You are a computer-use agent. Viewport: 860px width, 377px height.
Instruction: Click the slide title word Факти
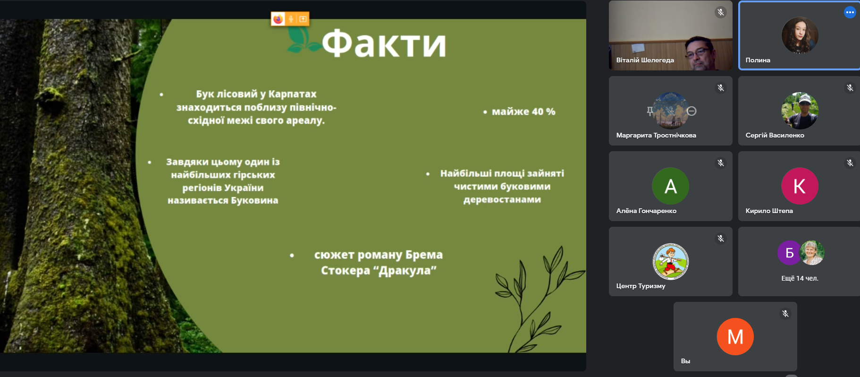[384, 43]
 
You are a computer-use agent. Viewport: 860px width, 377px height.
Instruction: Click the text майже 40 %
[523, 112]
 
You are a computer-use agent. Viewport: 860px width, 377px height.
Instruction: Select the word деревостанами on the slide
[502, 199]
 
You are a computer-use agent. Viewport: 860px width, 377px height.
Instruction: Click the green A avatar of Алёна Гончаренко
[670, 186]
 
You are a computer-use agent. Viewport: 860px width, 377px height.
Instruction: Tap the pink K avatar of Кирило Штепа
[800, 186]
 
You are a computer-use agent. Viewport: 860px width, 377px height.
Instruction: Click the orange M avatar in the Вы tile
[735, 337]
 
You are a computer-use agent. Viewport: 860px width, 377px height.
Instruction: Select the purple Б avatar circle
[789, 253]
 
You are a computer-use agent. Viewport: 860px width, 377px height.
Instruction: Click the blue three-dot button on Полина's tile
[850, 12]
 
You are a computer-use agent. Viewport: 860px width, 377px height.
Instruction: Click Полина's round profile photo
[800, 35]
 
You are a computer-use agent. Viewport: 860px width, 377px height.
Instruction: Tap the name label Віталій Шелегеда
[645, 60]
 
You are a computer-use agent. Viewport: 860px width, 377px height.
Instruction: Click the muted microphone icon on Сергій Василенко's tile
[850, 87]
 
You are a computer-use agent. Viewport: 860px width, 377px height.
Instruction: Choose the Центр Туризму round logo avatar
[670, 262]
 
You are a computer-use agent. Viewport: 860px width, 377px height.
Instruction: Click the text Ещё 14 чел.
[800, 278]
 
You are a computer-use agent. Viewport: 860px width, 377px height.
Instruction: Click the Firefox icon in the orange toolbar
[278, 19]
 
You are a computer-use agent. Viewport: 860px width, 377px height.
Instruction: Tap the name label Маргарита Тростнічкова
[656, 135]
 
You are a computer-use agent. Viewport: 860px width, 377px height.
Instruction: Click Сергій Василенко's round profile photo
[800, 111]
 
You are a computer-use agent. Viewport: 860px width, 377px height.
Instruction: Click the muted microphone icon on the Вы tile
[785, 314]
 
